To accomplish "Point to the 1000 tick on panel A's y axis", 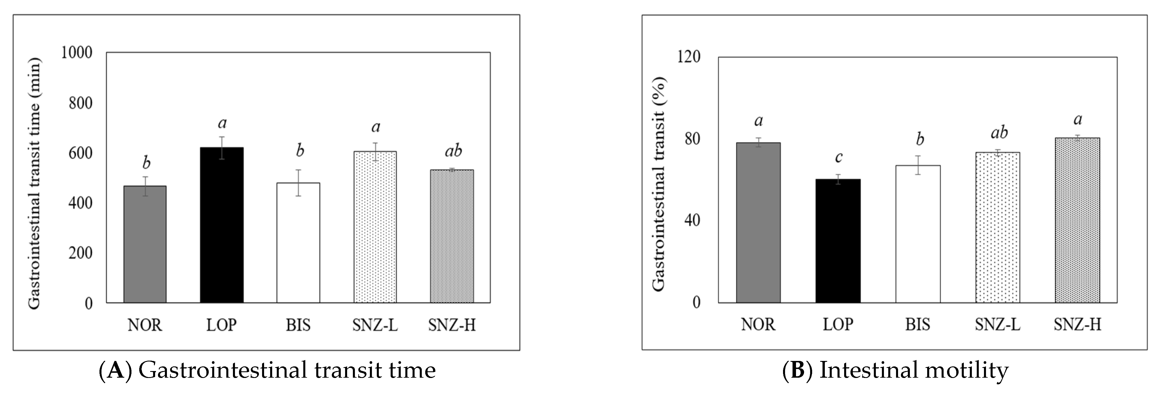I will click(x=76, y=53).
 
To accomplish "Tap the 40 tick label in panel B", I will click(x=692, y=221).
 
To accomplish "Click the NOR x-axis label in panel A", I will click(x=144, y=325).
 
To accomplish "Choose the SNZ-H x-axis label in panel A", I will click(x=451, y=325).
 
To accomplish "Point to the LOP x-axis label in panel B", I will click(x=838, y=324).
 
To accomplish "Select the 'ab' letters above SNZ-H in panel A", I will click(x=453, y=151).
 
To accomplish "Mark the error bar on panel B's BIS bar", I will click(x=918, y=165).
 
